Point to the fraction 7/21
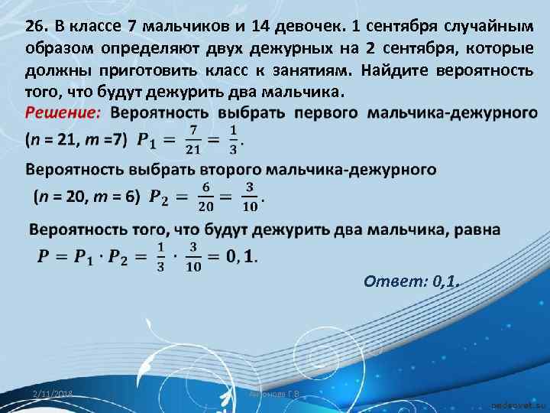(x=194, y=140)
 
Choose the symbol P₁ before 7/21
(x=150, y=141)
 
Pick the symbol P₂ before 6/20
(x=163, y=197)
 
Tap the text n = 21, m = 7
(x=78, y=141)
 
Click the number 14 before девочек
(x=267, y=26)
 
